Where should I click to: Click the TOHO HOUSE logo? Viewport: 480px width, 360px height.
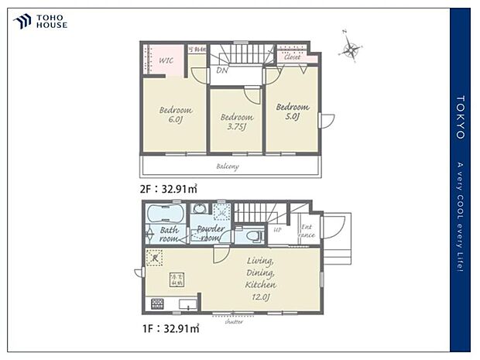[40, 22]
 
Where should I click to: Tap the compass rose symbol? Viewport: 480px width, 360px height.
[351, 50]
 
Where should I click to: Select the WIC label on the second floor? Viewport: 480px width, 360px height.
[165, 60]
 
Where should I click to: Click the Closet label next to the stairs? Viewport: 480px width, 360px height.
[292, 57]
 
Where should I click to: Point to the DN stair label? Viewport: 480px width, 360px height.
[221, 70]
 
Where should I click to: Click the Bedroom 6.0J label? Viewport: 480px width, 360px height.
[175, 115]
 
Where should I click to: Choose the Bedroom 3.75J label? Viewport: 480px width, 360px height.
[235, 122]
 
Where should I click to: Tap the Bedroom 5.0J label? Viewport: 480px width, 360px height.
[292, 111]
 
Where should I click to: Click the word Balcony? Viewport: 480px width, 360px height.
[227, 166]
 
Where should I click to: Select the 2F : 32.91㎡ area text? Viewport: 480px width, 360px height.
[169, 188]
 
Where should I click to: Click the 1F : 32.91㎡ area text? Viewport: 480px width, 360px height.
[169, 328]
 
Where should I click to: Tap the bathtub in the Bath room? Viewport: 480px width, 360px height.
[164, 213]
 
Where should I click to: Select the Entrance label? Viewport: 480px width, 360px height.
[307, 230]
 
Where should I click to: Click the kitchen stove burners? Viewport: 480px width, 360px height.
[157, 303]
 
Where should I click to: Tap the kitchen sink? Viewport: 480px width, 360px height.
[188, 303]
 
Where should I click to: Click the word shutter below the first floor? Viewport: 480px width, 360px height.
[233, 321]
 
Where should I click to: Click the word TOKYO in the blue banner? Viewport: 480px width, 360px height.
[460, 117]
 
